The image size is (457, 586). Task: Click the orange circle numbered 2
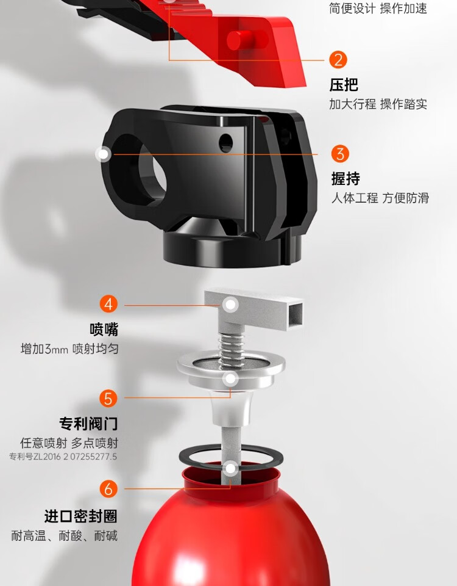(x=338, y=60)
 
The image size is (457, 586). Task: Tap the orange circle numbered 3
(x=340, y=154)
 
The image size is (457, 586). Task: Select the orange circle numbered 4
(x=108, y=304)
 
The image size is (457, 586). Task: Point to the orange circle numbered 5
(x=108, y=398)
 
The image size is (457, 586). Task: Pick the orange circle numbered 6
(x=108, y=488)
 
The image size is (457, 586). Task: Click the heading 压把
(x=344, y=85)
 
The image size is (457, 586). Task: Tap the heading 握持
(x=346, y=179)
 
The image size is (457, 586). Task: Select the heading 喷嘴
(x=104, y=329)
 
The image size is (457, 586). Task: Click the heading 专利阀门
(x=88, y=424)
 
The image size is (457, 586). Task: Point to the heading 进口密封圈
(x=81, y=516)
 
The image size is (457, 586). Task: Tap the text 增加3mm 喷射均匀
(x=69, y=349)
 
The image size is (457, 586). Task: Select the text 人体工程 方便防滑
(x=380, y=198)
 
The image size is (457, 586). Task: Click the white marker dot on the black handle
(x=104, y=154)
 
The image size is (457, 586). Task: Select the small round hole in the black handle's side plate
(x=225, y=142)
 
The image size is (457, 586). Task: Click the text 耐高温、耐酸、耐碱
(x=64, y=535)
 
